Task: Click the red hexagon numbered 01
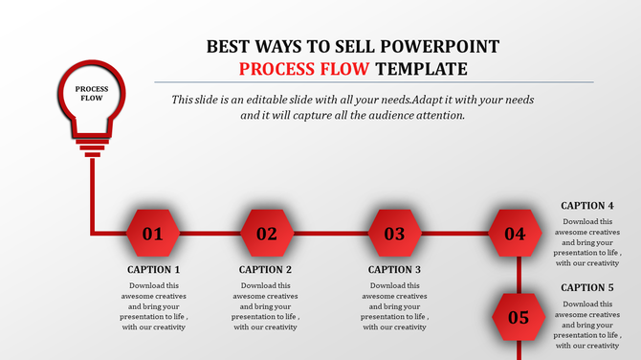(x=153, y=233)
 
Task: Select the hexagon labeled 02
(x=266, y=233)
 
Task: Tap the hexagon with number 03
(x=394, y=233)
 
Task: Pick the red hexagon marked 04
(x=515, y=233)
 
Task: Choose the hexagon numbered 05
(x=518, y=317)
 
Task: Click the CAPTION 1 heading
(x=153, y=270)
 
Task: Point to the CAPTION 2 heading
(x=266, y=270)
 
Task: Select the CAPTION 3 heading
(x=394, y=270)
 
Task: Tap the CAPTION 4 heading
(x=587, y=205)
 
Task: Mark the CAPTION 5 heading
(x=587, y=287)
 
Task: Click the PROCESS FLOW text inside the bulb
(x=93, y=93)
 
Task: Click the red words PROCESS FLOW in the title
(x=304, y=69)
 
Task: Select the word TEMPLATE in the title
(x=421, y=69)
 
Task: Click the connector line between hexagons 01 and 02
(x=210, y=233)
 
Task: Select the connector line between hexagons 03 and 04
(x=454, y=233)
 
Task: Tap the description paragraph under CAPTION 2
(x=266, y=306)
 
